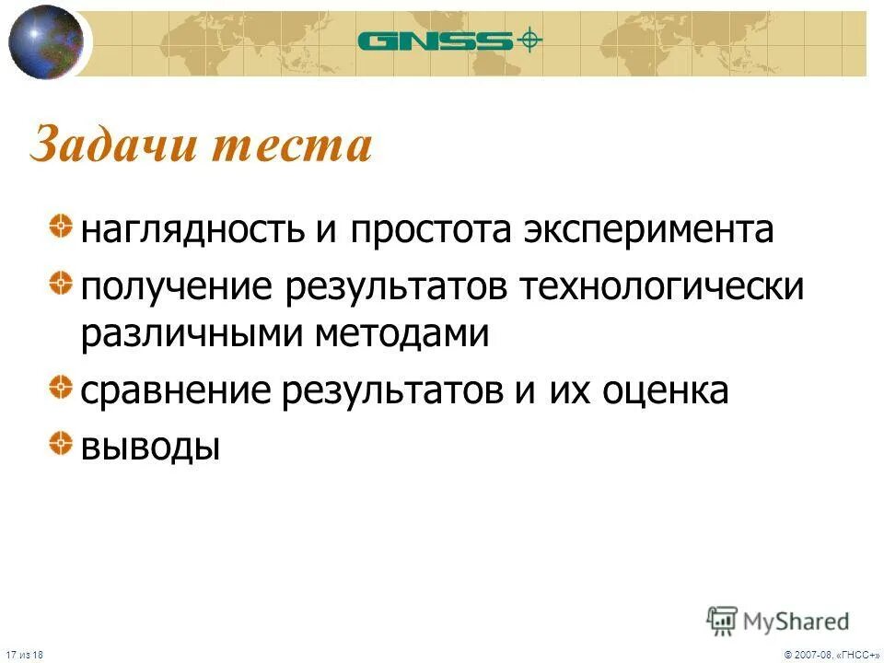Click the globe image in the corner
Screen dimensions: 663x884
(x=45, y=41)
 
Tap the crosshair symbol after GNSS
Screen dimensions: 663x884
(x=529, y=40)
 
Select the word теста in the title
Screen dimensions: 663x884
(x=298, y=146)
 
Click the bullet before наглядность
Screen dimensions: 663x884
(x=61, y=225)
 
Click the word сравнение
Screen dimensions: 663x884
(x=176, y=391)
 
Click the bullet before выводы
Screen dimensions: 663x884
(x=61, y=443)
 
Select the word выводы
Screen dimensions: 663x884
(x=150, y=448)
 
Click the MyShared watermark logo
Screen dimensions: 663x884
(x=778, y=621)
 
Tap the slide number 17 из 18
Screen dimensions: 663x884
(x=29, y=653)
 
